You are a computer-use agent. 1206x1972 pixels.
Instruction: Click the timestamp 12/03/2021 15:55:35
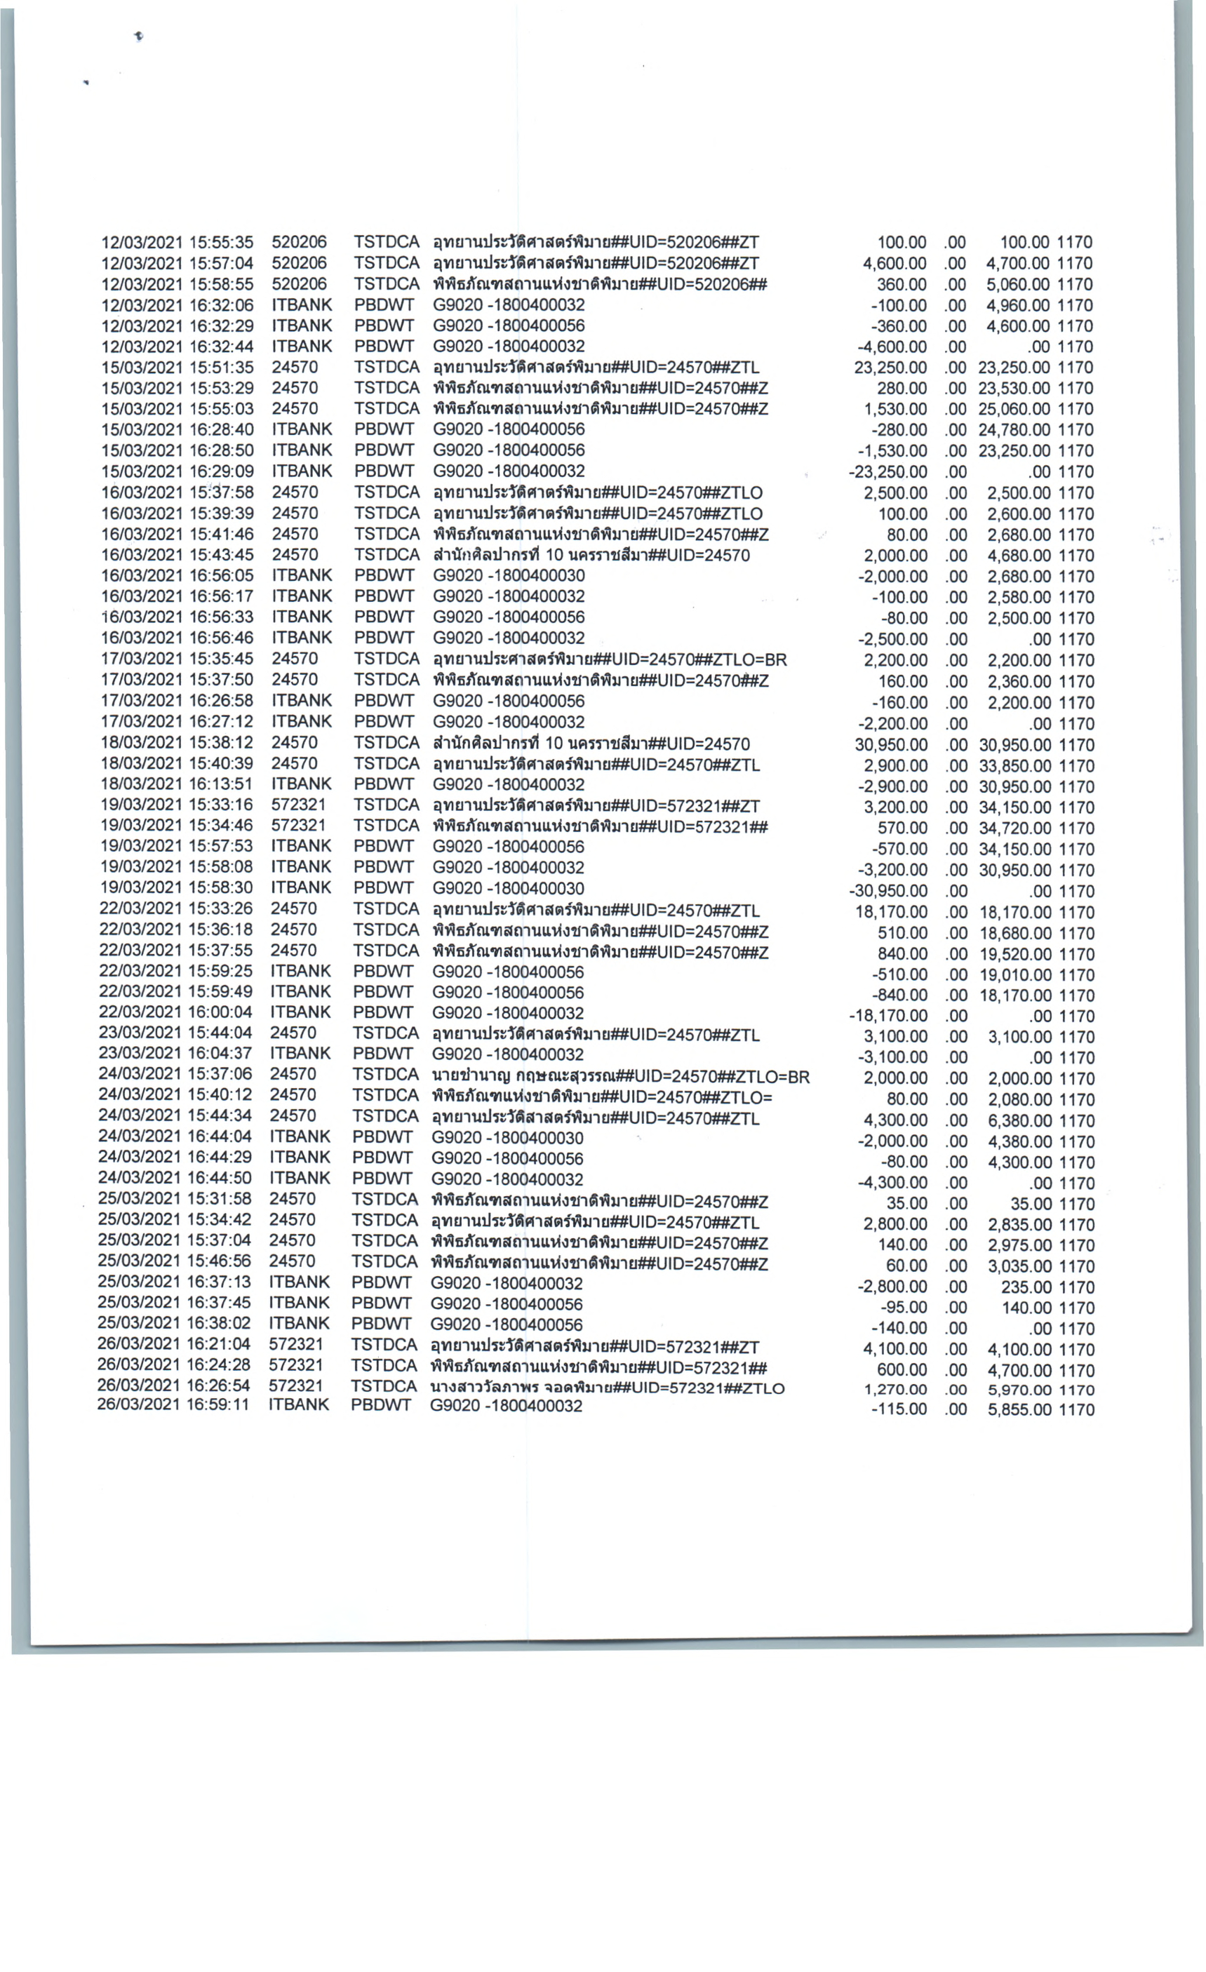pyautogui.click(x=177, y=243)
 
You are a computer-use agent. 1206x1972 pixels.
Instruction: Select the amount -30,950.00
pyautogui.click(x=887, y=891)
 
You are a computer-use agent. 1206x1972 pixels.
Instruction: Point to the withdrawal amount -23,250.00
pyautogui.click(x=887, y=472)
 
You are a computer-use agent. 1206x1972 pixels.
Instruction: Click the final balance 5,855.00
pyautogui.click(x=1019, y=1409)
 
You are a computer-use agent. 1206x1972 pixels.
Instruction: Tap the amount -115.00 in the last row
pyautogui.click(x=899, y=1409)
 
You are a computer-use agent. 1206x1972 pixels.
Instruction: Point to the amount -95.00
pyautogui.click(x=903, y=1308)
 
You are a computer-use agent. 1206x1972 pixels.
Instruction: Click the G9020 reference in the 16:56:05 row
pyautogui.click(x=509, y=575)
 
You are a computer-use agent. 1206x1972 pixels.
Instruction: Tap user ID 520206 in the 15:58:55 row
pyautogui.click(x=300, y=284)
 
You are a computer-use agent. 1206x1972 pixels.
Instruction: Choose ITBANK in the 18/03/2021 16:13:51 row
pyautogui.click(x=301, y=784)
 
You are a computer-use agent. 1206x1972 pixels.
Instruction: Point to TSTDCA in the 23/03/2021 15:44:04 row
pyautogui.click(x=386, y=1033)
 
